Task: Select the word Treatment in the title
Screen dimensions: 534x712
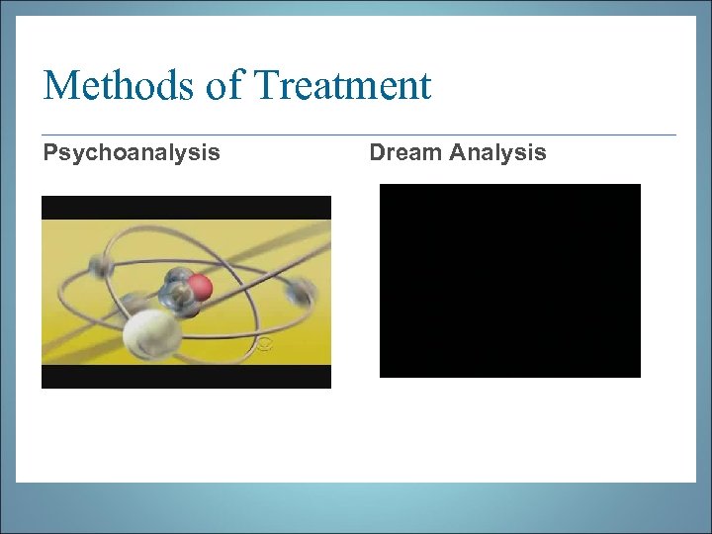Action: coord(342,86)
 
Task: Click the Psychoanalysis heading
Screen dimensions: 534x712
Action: coord(131,153)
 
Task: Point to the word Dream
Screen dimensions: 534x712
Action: coord(405,152)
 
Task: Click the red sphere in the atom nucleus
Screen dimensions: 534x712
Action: coord(201,288)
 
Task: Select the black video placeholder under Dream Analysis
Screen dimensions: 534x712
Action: coord(509,280)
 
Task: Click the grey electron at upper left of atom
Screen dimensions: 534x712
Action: coord(96,265)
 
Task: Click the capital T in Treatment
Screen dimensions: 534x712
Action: coord(266,86)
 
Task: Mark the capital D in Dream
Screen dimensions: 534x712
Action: coord(377,152)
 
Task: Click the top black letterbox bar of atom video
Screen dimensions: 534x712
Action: coord(186,207)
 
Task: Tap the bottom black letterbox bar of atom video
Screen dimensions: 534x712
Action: coord(186,377)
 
